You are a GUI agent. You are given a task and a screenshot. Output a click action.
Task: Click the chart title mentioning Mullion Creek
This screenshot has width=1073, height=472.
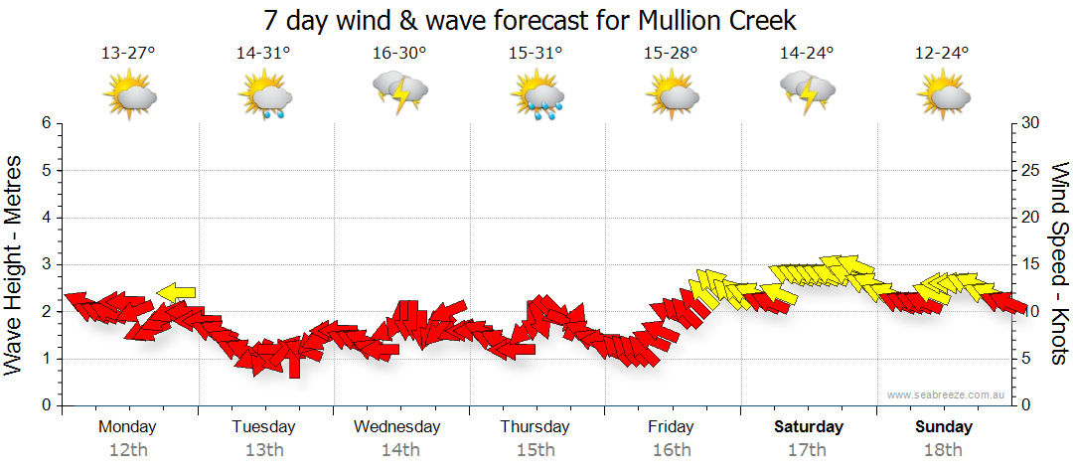pos(531,20)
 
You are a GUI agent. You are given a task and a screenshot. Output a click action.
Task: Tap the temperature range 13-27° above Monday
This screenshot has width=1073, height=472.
pos(128,53)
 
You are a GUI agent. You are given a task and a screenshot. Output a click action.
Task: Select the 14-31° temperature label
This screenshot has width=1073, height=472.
pos(264,53)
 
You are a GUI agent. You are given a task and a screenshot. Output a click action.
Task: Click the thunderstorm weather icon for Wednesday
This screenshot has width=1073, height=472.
pos(399,92)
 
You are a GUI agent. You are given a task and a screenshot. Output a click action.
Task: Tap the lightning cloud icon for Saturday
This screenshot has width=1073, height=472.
pos(807,91)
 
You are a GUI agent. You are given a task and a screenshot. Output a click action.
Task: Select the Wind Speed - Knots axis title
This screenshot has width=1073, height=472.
pos(1059,263)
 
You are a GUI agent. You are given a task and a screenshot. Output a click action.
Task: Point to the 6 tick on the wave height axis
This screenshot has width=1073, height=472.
pos(46,123)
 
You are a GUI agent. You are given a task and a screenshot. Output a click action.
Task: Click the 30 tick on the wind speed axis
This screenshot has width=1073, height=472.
pos(1031,123)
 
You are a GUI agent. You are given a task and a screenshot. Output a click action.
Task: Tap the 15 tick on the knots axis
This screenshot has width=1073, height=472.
pos(1031,264)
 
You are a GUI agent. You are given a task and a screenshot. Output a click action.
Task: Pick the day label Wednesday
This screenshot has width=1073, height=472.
pos(397,427)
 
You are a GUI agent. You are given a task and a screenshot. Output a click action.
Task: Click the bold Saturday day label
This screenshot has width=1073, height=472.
pos(808,427)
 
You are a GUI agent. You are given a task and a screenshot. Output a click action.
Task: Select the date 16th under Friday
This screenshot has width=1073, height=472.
pos(672,450)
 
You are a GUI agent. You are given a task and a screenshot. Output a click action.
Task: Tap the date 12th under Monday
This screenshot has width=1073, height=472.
pos(128,450)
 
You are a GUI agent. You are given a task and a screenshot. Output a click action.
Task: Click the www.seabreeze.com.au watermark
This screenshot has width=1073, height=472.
pos(947,394)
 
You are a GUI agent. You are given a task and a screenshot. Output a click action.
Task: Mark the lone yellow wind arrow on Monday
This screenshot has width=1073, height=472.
pos(176,292)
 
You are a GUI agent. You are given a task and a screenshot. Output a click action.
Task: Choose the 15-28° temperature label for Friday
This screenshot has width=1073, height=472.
pos(672,53)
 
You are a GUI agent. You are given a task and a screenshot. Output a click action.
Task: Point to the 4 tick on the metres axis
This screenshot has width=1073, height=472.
pos(46,218)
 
